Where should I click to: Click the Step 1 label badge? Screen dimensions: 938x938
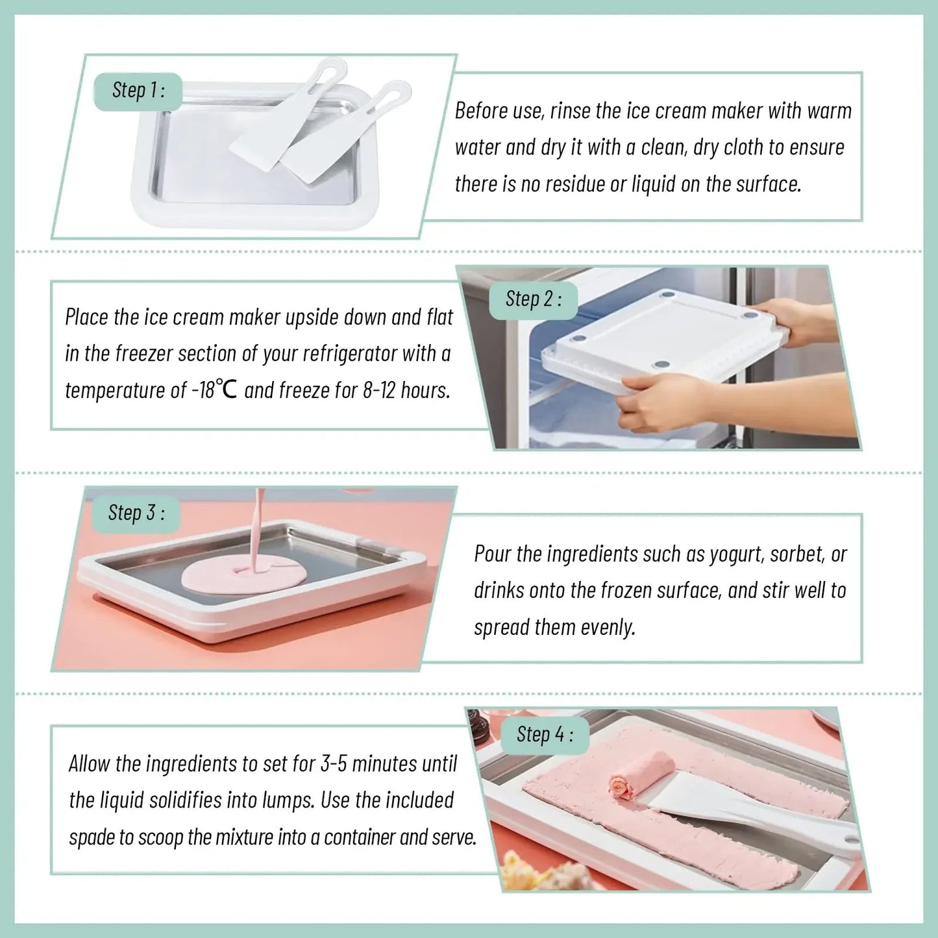click(138, 91)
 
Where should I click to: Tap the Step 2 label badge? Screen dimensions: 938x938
click(533, 300)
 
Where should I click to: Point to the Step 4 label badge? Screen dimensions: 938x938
click(545, 735)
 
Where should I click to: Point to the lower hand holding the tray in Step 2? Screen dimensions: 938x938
click(656, 402)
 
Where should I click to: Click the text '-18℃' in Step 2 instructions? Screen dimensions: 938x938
click(214, 390)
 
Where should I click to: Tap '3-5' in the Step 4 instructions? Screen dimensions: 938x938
click(334, 764)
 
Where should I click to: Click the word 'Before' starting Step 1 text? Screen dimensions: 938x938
click(481, 111)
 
